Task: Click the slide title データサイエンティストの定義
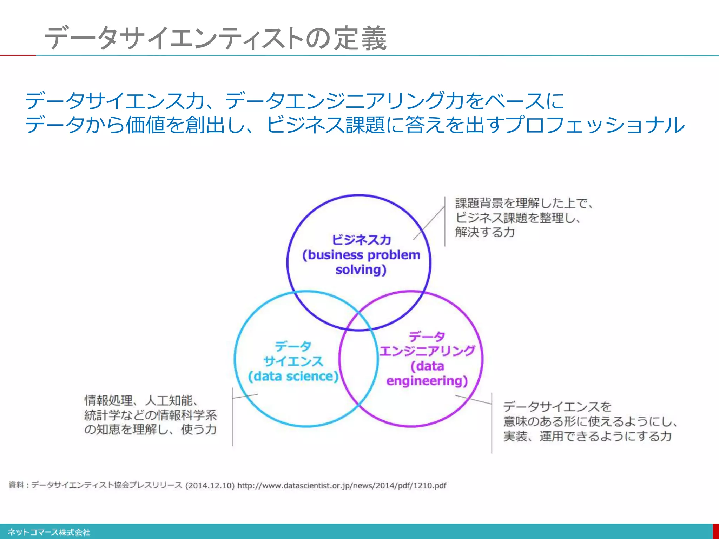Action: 215,38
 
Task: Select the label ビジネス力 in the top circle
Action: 361,240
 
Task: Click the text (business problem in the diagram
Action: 361,255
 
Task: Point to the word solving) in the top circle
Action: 361,270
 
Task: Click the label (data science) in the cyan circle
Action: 293,377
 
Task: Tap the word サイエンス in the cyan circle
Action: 293,361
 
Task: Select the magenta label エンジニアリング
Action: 427,351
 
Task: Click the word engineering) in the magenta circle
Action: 427,381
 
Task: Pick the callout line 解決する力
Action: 485,232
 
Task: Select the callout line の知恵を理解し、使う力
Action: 150,430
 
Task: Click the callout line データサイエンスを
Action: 557,407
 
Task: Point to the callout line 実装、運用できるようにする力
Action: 587,436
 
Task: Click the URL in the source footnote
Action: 342,486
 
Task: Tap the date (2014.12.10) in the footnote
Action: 210,486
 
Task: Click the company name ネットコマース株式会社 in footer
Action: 49,532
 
